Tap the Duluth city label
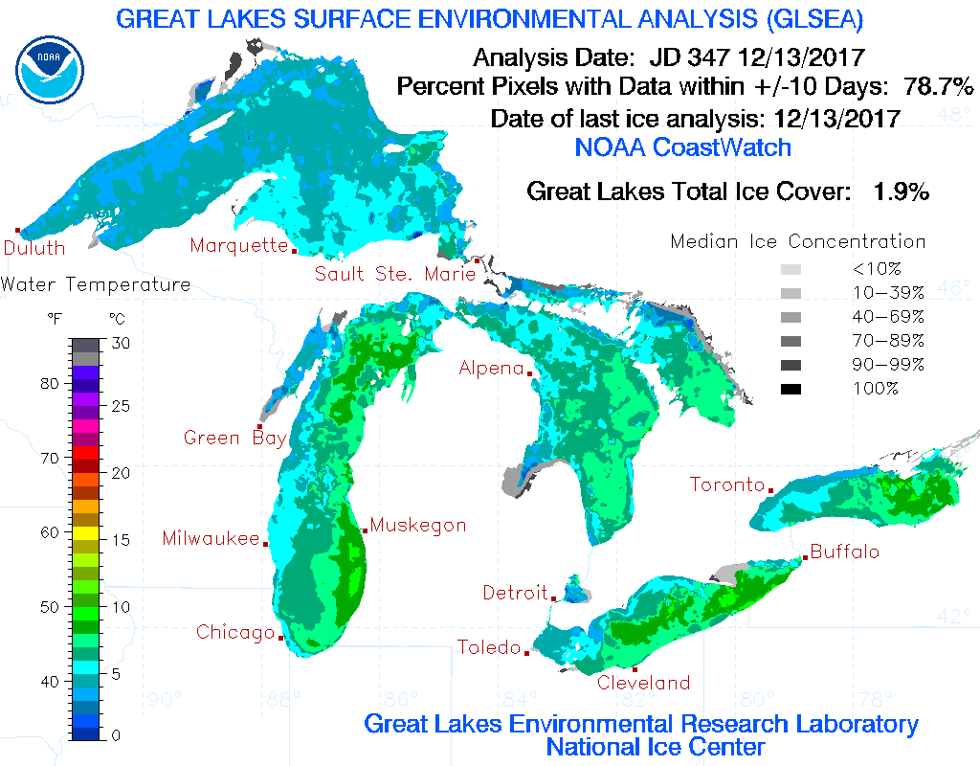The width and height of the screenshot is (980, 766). coord(34,249)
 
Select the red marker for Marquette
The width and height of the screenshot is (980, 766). coord(294,252)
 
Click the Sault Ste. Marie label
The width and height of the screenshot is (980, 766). coord(395,275)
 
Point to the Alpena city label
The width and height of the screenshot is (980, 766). coord(491,369)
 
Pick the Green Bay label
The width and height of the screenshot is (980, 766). coord(234,439)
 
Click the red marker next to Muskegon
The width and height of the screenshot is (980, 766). coord(365,530)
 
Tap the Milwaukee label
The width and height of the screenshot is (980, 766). coord(211,539)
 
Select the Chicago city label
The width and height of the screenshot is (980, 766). coord(235,633)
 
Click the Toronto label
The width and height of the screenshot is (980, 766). coord(727,485)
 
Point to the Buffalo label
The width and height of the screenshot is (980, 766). coord(844,552)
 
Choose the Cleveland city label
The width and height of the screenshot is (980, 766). coord(643,683)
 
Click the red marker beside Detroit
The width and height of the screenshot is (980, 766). coord(554,598)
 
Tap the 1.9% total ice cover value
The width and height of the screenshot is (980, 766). coord(901,191)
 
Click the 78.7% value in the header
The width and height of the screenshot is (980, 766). coord(939,86)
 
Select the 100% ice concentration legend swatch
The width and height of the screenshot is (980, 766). coord(791,389)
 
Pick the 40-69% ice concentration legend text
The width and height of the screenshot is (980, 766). coord(888,317)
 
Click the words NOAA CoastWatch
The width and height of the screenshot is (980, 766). coord(683,147)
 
